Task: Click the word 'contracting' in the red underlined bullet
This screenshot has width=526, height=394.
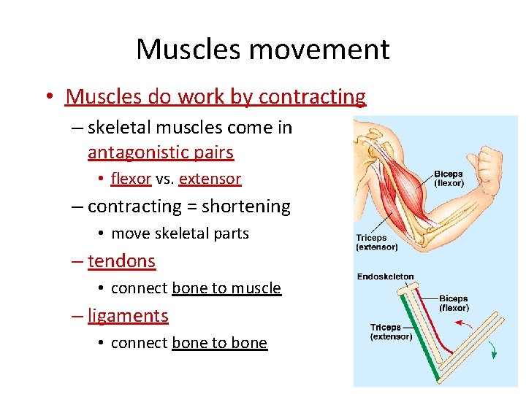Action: tap(312, 96)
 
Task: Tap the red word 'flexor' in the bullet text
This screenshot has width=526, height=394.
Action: tap(131, 179)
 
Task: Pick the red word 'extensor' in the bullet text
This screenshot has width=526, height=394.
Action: tap(210, 179)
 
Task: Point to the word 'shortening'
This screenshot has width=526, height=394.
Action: tap(246, 206)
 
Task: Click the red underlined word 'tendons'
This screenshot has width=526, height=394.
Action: tap(121, 260)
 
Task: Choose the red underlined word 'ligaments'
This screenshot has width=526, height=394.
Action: tap(128, 316)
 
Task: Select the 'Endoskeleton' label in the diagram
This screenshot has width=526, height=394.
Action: tap(385, 277)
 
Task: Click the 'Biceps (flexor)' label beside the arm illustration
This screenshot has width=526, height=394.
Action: tap(449, 179)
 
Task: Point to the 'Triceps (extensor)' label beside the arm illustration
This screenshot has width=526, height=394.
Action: tap(377, 242)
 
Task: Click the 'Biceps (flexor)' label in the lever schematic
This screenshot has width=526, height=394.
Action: tap(454, 304)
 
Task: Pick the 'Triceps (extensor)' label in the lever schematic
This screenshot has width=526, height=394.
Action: tap(391, 332)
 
